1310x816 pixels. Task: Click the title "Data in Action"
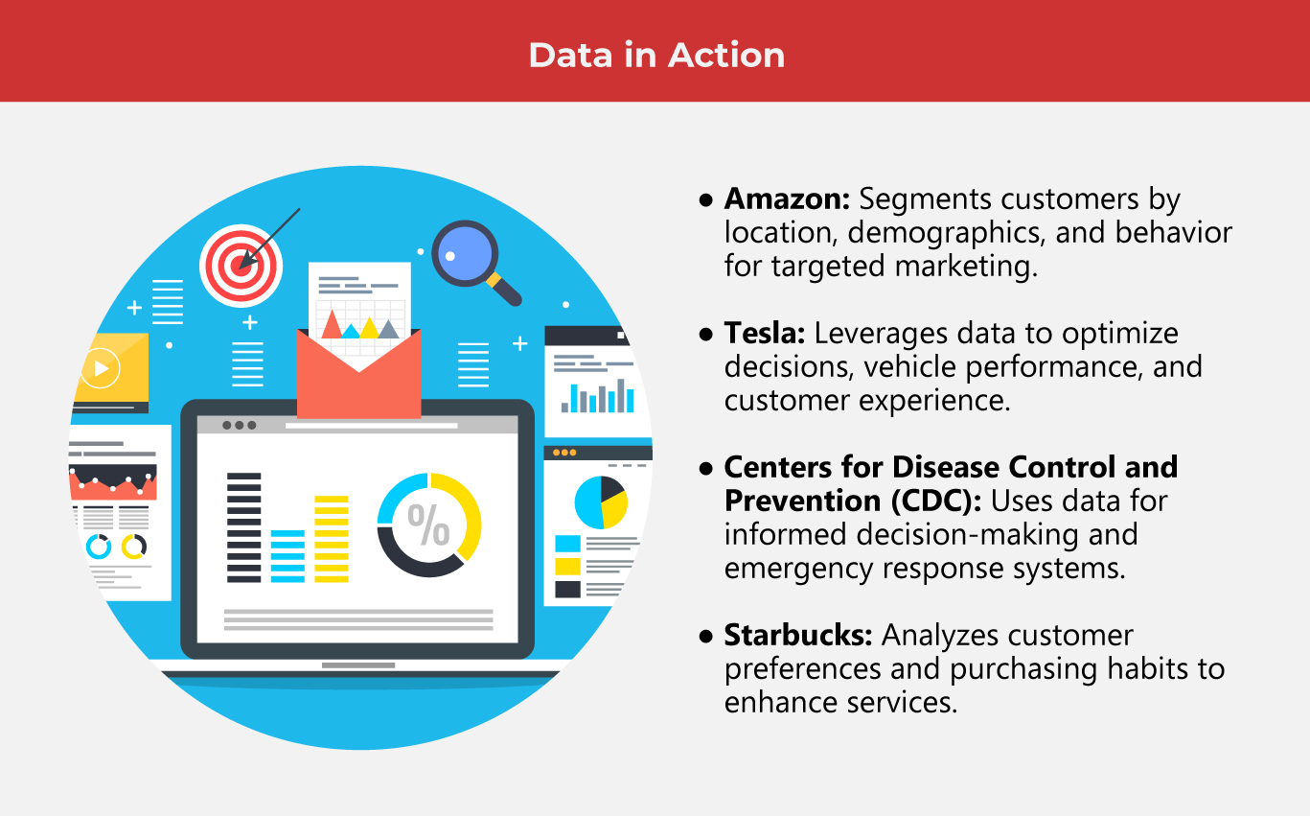pyautogui.click(x=656, y=55)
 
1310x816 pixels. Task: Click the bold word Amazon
pyautogui.click(x=786, y=198)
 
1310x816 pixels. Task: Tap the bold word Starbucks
pyautogui.click(x=797, y=635)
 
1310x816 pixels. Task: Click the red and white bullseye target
pyautogui.click(x=241, y=265)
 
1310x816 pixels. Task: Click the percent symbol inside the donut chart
pyautogui.click(x=428, y=525)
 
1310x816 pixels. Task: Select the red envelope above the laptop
pyautogui.click(x=359, y=384)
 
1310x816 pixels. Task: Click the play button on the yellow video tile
pyautogui.click(x=101, y=367)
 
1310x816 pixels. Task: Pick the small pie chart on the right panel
pyautogui.click(x=601, y=501)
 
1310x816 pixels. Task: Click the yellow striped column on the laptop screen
pyautogui.click(x=332, y=539)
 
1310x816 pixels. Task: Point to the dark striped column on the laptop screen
pyautogui.click(x=243, y=527)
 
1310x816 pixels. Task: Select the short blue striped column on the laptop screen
pyautogui.click(x=287, y=556)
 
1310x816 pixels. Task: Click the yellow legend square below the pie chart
pyautogui.click(x=568, y=567)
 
